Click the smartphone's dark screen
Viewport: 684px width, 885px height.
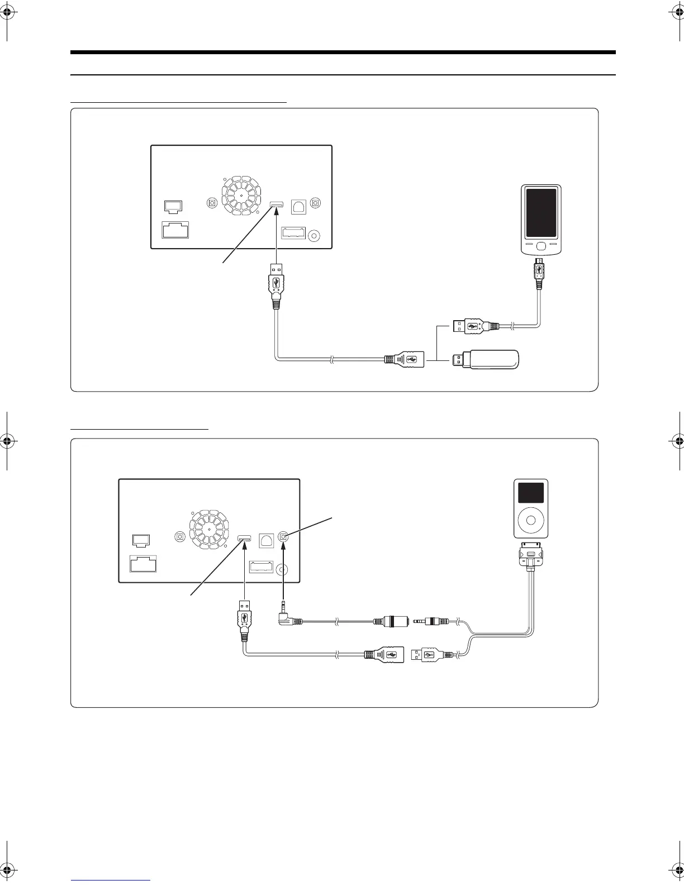pos(541,213)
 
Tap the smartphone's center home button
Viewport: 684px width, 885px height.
pos(541,245)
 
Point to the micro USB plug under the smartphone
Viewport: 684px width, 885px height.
pos(538,271)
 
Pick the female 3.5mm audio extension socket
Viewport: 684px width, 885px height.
pos(391,621)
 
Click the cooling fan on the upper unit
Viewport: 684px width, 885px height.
pos(241,196)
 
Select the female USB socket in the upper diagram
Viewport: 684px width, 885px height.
pos(403,359)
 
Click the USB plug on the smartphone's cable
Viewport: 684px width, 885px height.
pos(471,326)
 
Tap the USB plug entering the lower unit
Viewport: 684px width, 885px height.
pos(245,617)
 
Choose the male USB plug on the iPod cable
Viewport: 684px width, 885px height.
pos(427,655)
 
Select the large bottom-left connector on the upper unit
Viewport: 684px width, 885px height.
pos(175,230)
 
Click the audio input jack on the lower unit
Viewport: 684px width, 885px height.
pos(284,537)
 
